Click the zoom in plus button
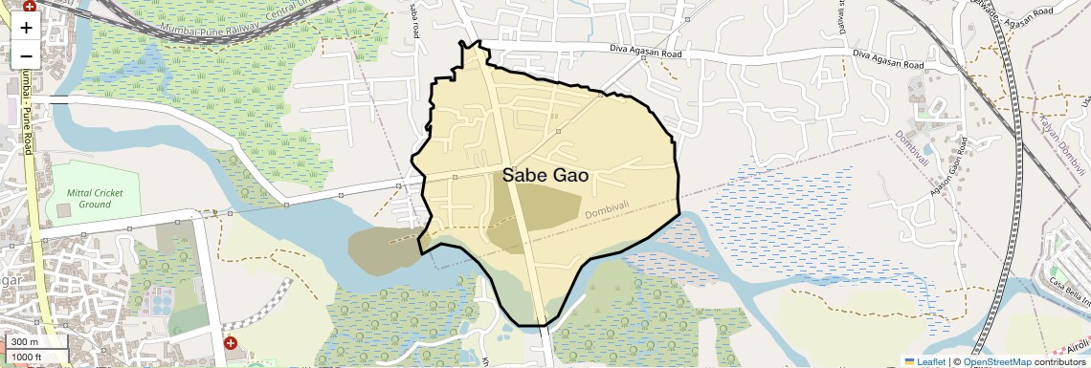(26, 28)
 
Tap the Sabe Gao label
(545, 176)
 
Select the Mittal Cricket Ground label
(96, 198)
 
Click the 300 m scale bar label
(25, 342)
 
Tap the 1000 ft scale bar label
(29, 357)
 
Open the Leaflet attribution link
(924, 361)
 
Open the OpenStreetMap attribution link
(996, 361)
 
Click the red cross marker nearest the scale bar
(231, 342)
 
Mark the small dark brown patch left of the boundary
(383, 250)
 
